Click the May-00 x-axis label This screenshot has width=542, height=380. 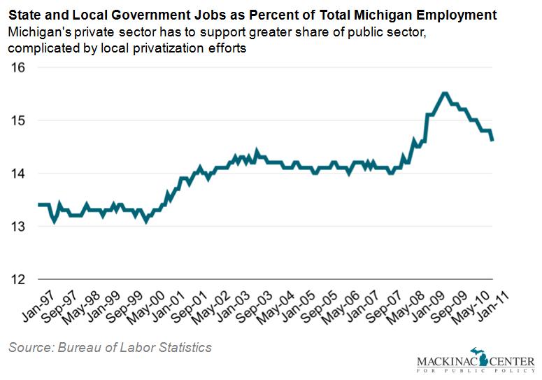click(149, 303)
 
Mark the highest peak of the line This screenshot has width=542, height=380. click(444, 93)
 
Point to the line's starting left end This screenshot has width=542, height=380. click(40, 205)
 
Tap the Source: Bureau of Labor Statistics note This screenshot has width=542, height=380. click(110, 347)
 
